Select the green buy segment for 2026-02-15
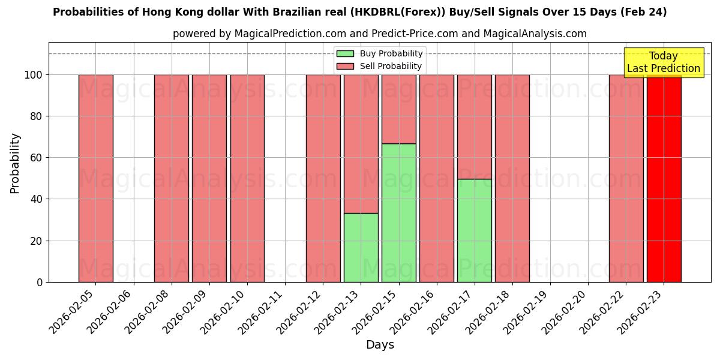(x=399, y=213)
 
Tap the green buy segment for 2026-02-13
(x=361, y=247)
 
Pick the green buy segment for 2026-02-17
(x=475, y=230)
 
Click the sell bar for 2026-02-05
(x=96, y=178)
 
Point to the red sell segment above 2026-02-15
(x=399, y=109)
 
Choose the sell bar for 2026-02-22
(x=626, y=178)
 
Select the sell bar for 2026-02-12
(x=323, y=178)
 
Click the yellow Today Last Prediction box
(x=664, y=62)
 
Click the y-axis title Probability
(x=15, y=163)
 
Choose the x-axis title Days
(x=380, y=345)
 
